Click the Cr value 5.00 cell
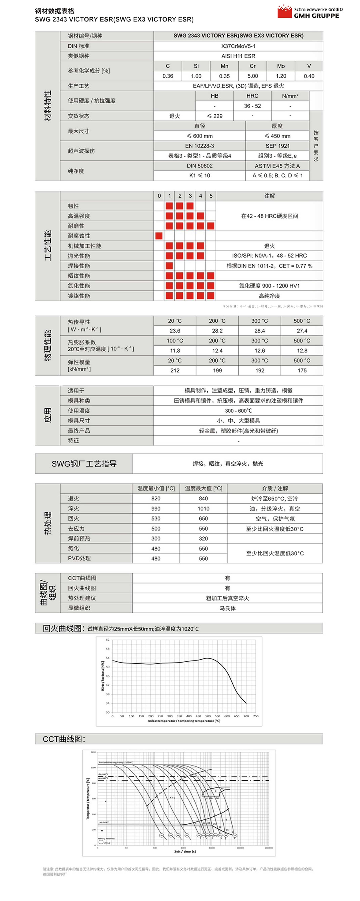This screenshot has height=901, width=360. (253, 76)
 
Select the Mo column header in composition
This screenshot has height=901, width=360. (281, 66)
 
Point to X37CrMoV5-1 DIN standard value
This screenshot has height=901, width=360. (238, 46)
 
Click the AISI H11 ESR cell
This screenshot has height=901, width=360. (238, 56)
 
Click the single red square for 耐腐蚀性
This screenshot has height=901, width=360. (159, 236)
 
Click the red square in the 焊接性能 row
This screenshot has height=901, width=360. (169, 266)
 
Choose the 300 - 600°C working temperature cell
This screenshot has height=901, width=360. (238, 411)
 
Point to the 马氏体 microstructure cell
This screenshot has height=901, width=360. (227, 608)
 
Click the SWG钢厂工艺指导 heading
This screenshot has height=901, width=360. (84, 464)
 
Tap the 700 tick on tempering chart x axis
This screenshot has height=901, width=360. (246, 716)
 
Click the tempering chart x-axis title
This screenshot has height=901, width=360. (184, 721)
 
